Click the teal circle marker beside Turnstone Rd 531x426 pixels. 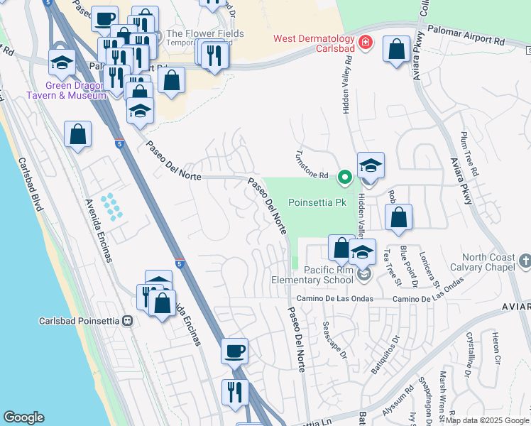(345, 177)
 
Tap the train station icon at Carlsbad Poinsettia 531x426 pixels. (127, 320)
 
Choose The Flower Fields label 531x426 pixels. (204, 34)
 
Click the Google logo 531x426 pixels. (24, 417)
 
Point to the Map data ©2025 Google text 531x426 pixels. (487, 420)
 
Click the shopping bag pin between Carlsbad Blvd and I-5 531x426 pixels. (77, 134)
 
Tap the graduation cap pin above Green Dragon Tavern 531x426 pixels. (62, 61)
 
